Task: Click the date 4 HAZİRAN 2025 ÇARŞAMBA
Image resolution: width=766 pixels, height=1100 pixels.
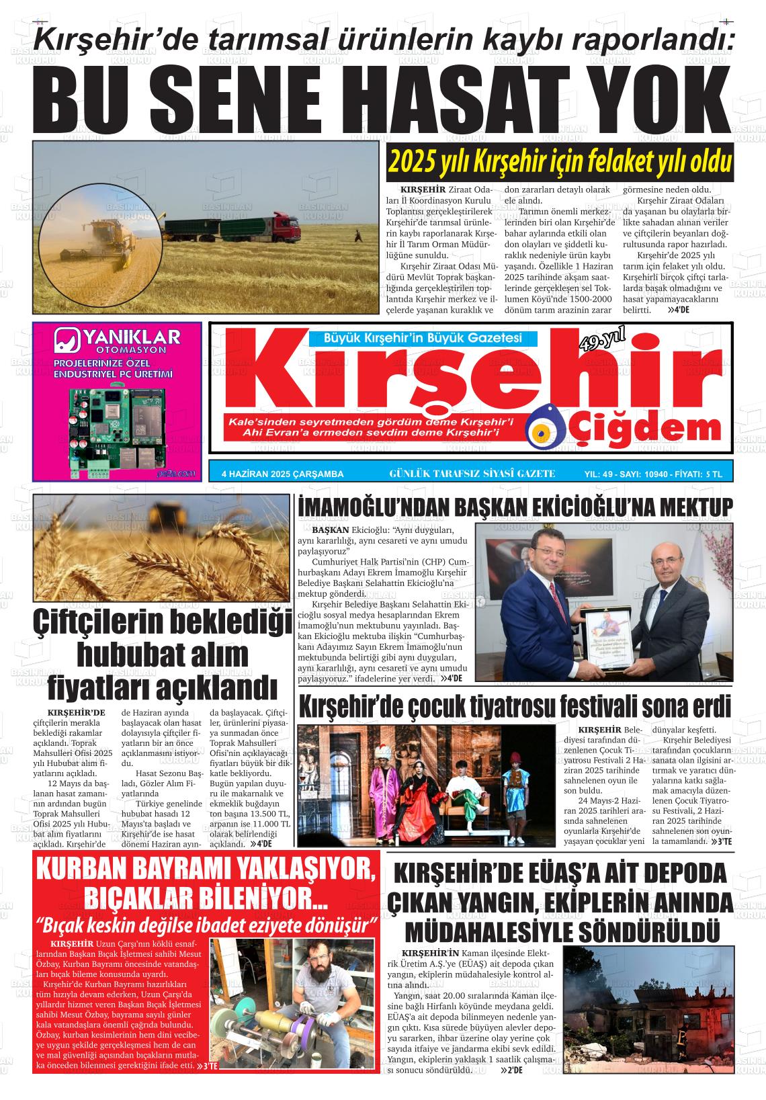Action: pyautogui.click(x=282, y=474)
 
